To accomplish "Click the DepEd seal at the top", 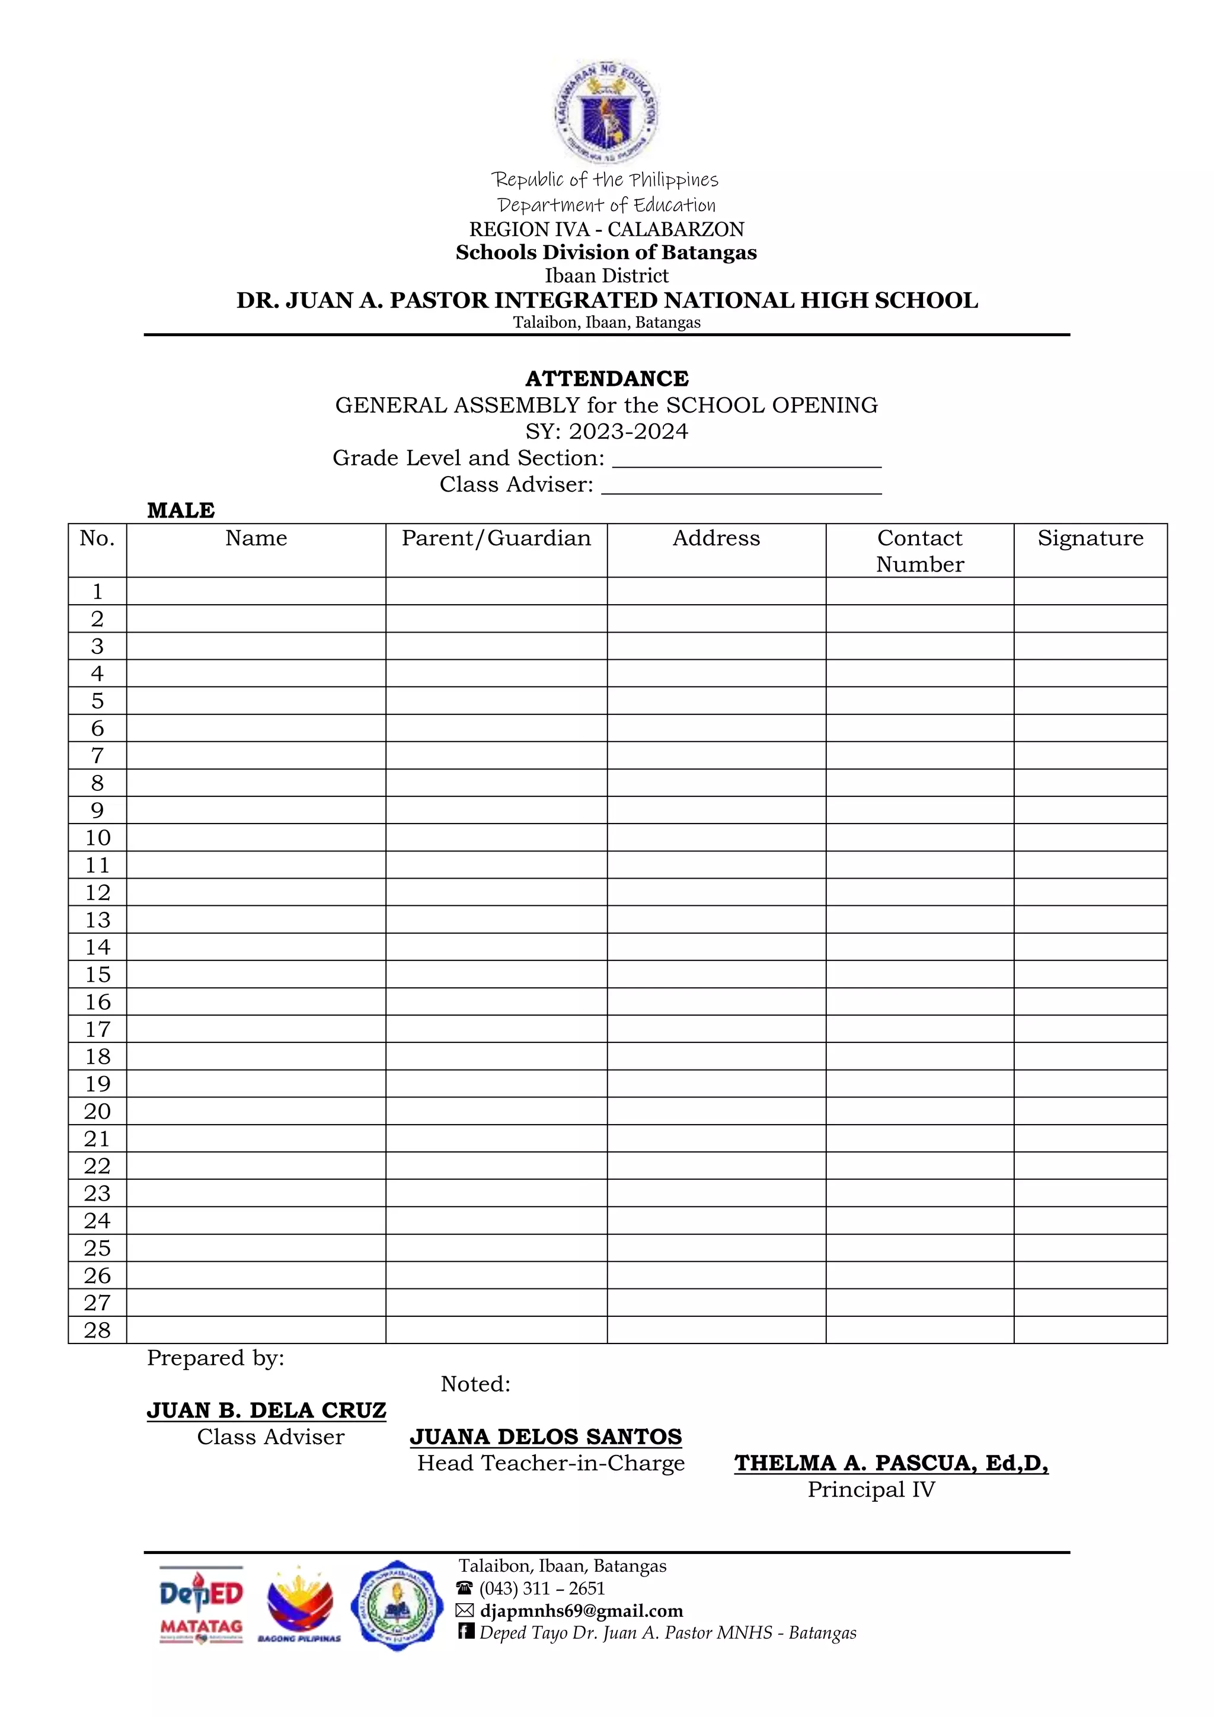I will coord(606,112).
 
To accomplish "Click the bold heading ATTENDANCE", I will coord(606,378).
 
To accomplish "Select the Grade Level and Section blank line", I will coord(747,459).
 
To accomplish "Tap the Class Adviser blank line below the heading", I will coord(741,486).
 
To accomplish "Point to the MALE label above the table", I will coord(181,510).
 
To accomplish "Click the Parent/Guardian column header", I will coord(496,538).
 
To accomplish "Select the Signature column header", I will coord(1090,538).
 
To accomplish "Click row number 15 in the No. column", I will coord(97,975).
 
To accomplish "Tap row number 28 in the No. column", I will coord(97,1330).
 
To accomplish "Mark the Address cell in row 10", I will coord(716,838).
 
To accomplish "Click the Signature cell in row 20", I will coord(1090,1111).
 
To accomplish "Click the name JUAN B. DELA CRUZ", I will coord(266,1410).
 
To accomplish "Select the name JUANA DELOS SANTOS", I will coord(546,1437).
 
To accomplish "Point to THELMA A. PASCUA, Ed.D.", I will coord(891,1463).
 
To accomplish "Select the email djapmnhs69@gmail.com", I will coord(581,1610).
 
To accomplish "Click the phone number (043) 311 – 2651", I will coord(541,1588).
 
